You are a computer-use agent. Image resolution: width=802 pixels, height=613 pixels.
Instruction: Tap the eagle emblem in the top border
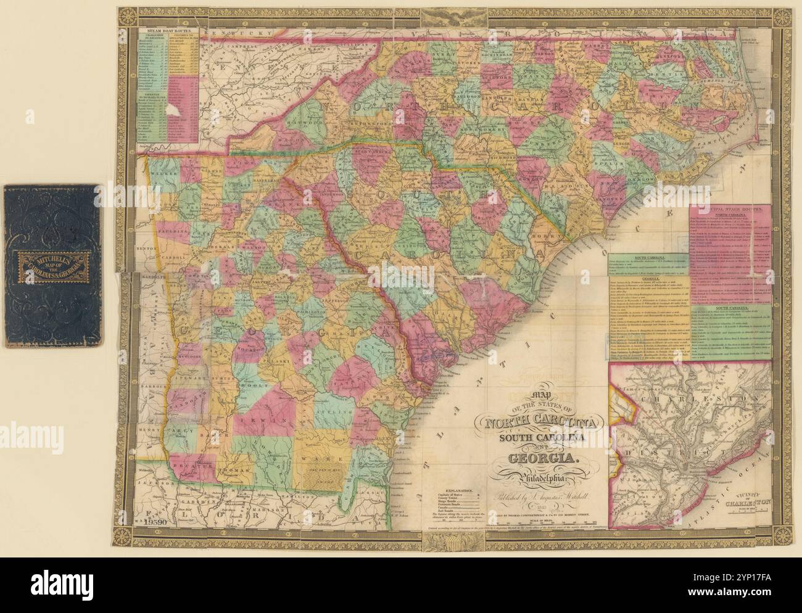[442, 15]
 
